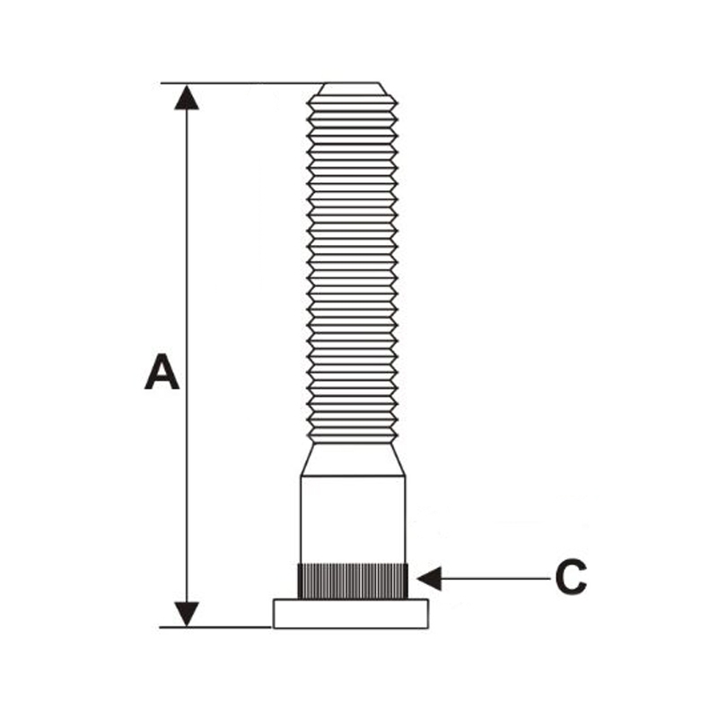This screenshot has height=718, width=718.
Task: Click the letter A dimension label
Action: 162,372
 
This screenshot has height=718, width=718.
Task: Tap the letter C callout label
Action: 571,577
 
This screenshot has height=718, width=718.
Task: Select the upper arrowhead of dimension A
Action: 187,98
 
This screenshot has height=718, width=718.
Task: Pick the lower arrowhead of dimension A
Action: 187,614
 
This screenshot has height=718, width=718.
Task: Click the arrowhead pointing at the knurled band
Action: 429,578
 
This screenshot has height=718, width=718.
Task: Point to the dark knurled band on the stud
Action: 353,582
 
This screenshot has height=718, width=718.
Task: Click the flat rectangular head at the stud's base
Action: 351,614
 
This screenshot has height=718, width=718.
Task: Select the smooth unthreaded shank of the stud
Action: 353,521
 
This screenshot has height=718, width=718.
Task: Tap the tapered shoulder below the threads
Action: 353,460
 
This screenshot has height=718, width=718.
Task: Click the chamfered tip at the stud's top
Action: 351,89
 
